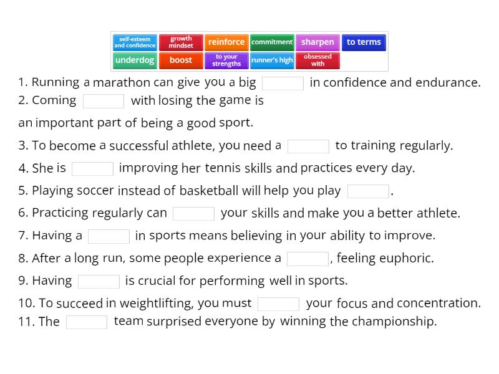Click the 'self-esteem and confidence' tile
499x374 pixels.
135,42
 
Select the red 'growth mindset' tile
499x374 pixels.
181,42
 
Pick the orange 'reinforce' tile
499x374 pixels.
226,42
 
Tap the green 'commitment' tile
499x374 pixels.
272,42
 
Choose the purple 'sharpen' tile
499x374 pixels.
317,42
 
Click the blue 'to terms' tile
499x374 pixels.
364,42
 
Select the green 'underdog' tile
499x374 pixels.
135,60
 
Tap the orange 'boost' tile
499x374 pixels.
181,60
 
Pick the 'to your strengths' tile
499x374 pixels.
226,60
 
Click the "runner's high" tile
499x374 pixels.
272,60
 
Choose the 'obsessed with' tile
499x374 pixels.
317,60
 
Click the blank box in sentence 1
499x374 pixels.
283,83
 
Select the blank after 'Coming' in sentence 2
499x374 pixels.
104,101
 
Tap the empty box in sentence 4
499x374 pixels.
92,168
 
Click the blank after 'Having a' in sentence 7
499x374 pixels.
109,236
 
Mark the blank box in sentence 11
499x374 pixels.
87,322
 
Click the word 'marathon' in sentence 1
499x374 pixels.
122,82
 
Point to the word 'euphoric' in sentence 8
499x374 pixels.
409,258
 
